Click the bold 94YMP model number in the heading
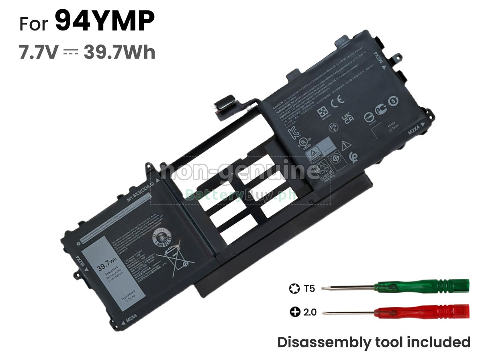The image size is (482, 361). pyautogui.click(x=104, y=22)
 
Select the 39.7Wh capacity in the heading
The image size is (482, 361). pyautogui.click(x=119, y=53)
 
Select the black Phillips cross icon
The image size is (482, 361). pyautogui.click(x=295, y=312)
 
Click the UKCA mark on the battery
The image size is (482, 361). pyautogui.click(x=347, y=117)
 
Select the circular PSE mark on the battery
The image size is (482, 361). pyautogui.click(x=333, y=128)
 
